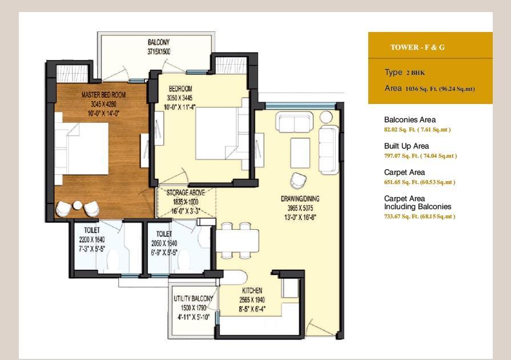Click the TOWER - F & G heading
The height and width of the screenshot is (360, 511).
[x=417, y=47]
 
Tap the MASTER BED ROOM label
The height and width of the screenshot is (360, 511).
[x=104, y=95]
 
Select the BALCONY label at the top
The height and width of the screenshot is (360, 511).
[x=159, y=42]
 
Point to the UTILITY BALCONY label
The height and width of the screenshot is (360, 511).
[x=193, y=298]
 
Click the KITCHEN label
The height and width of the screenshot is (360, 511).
[x=252, y=290]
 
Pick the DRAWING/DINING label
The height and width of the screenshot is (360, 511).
[x=300, y=199]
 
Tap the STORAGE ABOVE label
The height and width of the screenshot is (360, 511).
[x=186, y=193]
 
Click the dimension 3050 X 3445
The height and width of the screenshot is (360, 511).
[x=180, y=98]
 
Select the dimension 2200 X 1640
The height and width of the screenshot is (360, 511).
[x=92, y=239]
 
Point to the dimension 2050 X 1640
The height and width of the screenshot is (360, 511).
[x=164, y=243]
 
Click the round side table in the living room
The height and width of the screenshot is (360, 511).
[x=326, y=117]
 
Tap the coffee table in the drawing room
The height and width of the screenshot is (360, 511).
[x=300, y=153]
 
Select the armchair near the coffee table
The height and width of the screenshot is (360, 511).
[x=299, y=181]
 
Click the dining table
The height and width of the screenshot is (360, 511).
[x=238, y=241]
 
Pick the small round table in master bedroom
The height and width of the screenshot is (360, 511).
[x=78, y=205]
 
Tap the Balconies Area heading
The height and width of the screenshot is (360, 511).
[x=410, y=119]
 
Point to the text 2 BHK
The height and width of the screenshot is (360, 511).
[x=416, y=73]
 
